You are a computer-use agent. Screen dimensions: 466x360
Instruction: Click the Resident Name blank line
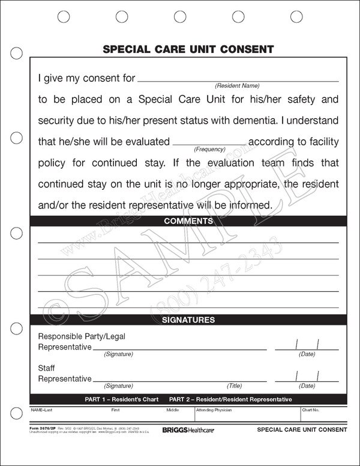click(238, 80)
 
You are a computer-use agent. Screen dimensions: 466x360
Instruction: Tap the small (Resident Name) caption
click(238, 86)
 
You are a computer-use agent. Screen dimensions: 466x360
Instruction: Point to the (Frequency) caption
click(209, 149)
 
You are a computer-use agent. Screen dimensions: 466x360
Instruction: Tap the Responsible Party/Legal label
click(82, 336)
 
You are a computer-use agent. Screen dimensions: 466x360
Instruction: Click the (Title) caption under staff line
click(235, 386)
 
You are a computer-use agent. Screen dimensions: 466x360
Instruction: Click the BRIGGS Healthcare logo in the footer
click(185, 429)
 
